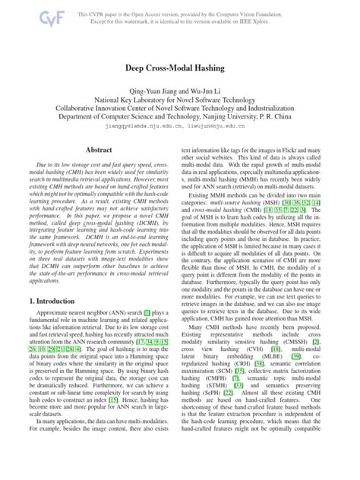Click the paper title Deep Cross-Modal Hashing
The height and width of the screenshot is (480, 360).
tap(180, 68)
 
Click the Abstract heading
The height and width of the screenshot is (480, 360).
tap(99, 151)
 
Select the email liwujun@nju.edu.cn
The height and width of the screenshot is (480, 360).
tap(218, 128)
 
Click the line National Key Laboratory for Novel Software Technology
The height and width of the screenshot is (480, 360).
tap(180, 98)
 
